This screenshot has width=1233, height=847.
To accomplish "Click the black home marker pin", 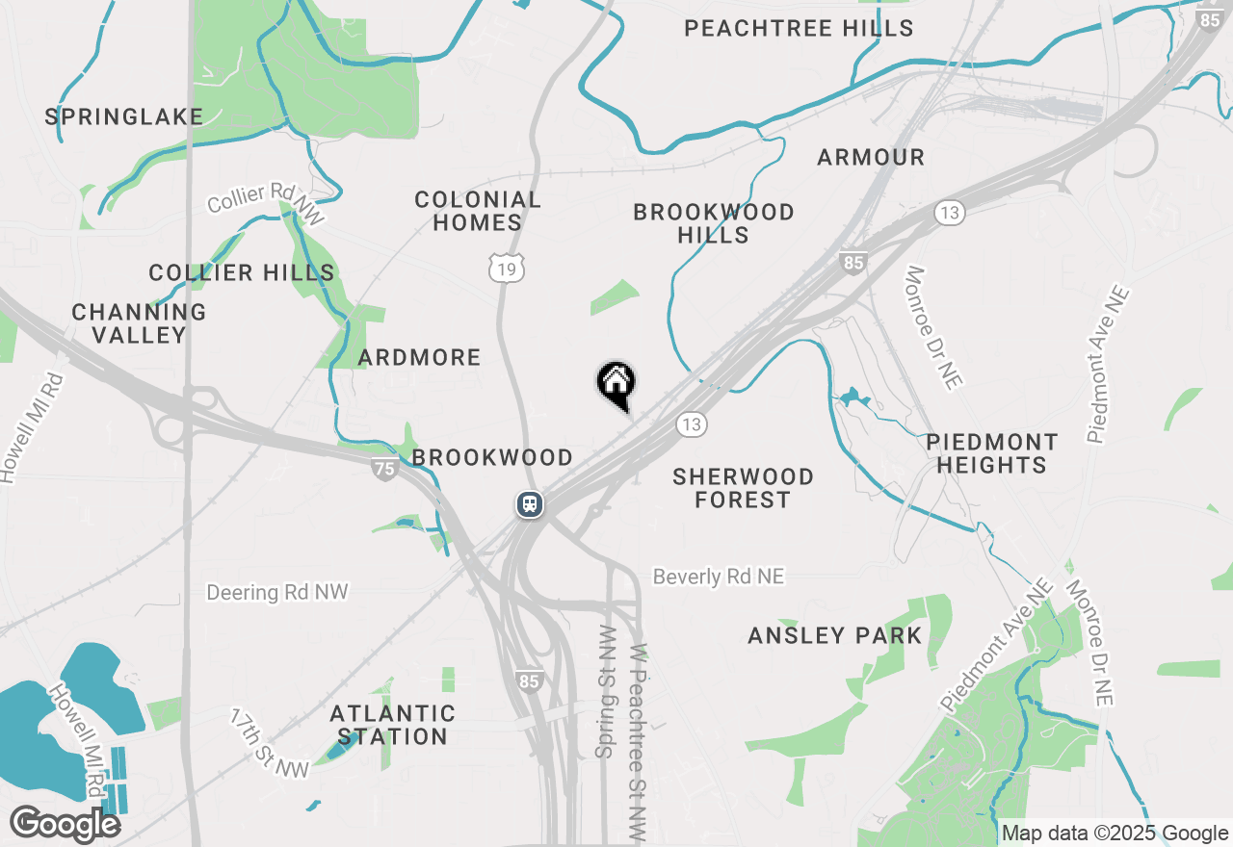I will [616, 384].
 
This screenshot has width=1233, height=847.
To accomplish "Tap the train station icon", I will [529, 503].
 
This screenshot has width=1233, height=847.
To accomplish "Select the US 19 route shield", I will [507, 269].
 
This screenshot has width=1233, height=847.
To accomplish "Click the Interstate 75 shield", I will [384, 469].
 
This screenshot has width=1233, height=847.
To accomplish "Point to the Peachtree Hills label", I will [799, 28].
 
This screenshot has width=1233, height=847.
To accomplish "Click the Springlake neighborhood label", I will [124, 117].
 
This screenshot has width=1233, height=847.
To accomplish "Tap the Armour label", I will [871, 157].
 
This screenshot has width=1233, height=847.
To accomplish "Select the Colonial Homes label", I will [478, 211].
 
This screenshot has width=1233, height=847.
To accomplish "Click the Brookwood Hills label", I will [714, 223].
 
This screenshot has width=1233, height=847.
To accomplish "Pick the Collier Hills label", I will [242, 272].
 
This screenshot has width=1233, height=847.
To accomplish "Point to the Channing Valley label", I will [139, 323].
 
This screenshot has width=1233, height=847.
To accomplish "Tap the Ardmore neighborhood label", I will [419, 358].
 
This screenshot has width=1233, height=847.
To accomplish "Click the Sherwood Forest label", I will [743, 488].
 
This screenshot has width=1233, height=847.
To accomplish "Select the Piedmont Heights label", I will [991, 453].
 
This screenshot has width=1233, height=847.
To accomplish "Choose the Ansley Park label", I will [835, 635].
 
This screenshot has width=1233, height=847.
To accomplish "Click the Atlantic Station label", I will [392, 725].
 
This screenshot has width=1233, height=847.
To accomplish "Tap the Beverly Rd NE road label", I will [719, 577].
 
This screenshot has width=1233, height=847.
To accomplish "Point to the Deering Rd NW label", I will [277, 592].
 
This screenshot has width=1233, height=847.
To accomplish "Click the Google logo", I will [65, 825].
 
